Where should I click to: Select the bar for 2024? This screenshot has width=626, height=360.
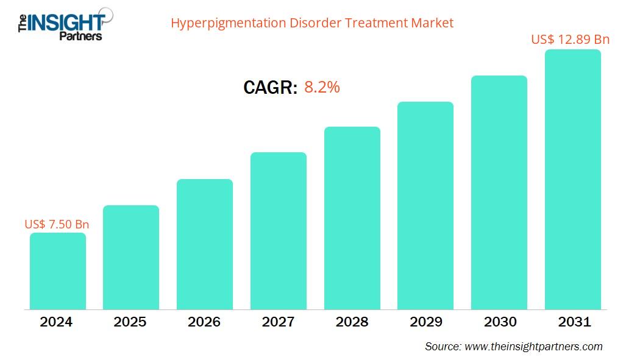tap(58, 271)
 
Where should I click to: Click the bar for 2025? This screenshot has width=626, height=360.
tap(131, 257)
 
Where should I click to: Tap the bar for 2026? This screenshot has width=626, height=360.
tap(205, 244)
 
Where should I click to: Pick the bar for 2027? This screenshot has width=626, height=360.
tap(279, 231)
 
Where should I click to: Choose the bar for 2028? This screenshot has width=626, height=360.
tap(352, 218)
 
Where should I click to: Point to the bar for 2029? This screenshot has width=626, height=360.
tap(425, 205)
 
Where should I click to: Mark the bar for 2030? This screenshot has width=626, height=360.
tap(499, 192)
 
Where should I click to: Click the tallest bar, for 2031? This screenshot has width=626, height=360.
tap(572, 180)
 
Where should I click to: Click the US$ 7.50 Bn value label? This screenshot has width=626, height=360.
tap(57, 224)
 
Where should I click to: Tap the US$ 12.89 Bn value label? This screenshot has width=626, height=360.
tap(570, 40)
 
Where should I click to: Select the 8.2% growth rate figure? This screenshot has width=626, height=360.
tap(322, 87)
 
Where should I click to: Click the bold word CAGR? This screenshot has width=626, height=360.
tap(270, 88)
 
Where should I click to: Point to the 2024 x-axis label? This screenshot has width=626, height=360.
tap(57, 322)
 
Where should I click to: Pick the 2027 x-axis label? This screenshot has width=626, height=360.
tap(278, 322)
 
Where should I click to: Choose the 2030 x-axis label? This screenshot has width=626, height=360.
tap(499, 322)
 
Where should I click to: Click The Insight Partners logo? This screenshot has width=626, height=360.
tap(61, 24)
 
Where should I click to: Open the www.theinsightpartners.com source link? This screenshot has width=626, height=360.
tap(533, 347)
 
